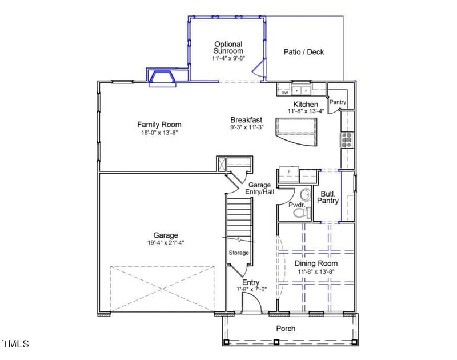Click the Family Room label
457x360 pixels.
click(x=159, y=125)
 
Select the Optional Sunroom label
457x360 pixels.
click(x=228, y=47)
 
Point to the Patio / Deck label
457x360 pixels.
click(x=303, y=52)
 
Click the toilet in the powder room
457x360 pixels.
click(x=299, y=213)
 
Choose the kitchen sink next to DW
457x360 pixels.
click(x=301, y=90)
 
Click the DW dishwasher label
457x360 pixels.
click(x=284, y=93)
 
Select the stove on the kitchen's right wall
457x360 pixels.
click(x=347, y=139)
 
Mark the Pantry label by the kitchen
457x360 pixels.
click(x=338, y=102)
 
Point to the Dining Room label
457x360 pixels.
click(x=316, y=263)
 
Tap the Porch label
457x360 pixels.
click(x=286, y=329)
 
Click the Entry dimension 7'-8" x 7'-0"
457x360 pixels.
click(x=251, y=290)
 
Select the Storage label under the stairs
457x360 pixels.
click(x=239, y=253)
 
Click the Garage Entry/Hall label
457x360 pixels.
click(x=260, y=188)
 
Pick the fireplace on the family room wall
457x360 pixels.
click(x=162, y=78)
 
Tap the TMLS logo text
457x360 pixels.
click(x=15, y=343)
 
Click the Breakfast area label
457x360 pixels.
click(x=246, y=120)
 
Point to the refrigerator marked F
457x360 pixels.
click(x=289, y=171)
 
